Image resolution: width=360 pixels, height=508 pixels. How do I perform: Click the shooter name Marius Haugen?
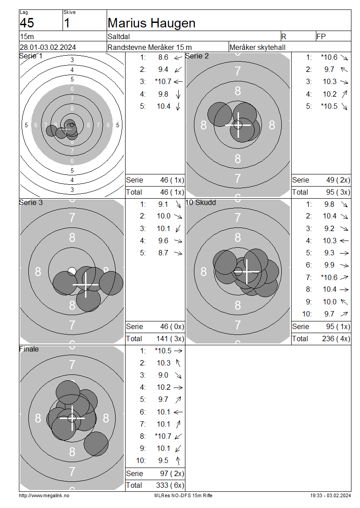pos(152,23)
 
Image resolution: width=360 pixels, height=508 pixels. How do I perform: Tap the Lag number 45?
pos(27,23)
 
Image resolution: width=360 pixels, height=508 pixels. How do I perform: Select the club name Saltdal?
pos(119,36)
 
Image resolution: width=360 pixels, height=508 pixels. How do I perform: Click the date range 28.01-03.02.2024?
pos(48,47)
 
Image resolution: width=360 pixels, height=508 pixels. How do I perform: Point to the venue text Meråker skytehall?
pos(257,47)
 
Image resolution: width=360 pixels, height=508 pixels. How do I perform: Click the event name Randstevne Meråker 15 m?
pos(149,47)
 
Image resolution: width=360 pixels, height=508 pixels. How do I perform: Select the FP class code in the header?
pos(321,36)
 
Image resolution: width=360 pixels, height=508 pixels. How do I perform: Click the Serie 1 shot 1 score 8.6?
pos(163,58)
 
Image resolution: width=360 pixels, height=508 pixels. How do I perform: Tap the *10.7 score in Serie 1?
pos(163,82)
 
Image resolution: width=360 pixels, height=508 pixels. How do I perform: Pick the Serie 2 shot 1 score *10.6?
pos(329,58)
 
